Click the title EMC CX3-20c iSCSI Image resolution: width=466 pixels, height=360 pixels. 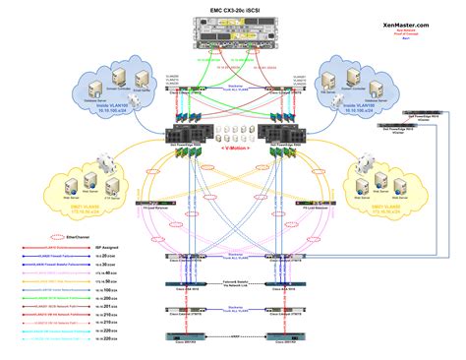pos(233,9)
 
